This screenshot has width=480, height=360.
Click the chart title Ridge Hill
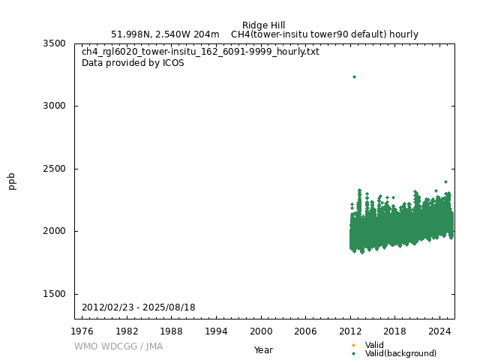(263, 25)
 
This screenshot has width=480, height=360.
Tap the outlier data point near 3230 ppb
(354, 76)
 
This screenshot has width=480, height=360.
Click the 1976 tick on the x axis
(82, 331)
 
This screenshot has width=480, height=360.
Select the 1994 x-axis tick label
(216, 331)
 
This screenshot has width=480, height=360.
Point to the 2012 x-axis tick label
(350, 331)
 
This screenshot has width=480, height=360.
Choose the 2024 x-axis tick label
(439, 331)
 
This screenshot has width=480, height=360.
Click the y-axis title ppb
(12, 181)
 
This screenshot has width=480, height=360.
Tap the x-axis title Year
(263, 350)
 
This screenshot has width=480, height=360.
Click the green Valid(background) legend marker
(354, 353)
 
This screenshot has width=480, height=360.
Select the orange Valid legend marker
(354, 345)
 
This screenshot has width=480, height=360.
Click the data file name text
(200, 52)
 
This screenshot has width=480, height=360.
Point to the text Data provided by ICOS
(133, 63)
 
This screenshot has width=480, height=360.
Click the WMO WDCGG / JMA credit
(118, 346)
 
